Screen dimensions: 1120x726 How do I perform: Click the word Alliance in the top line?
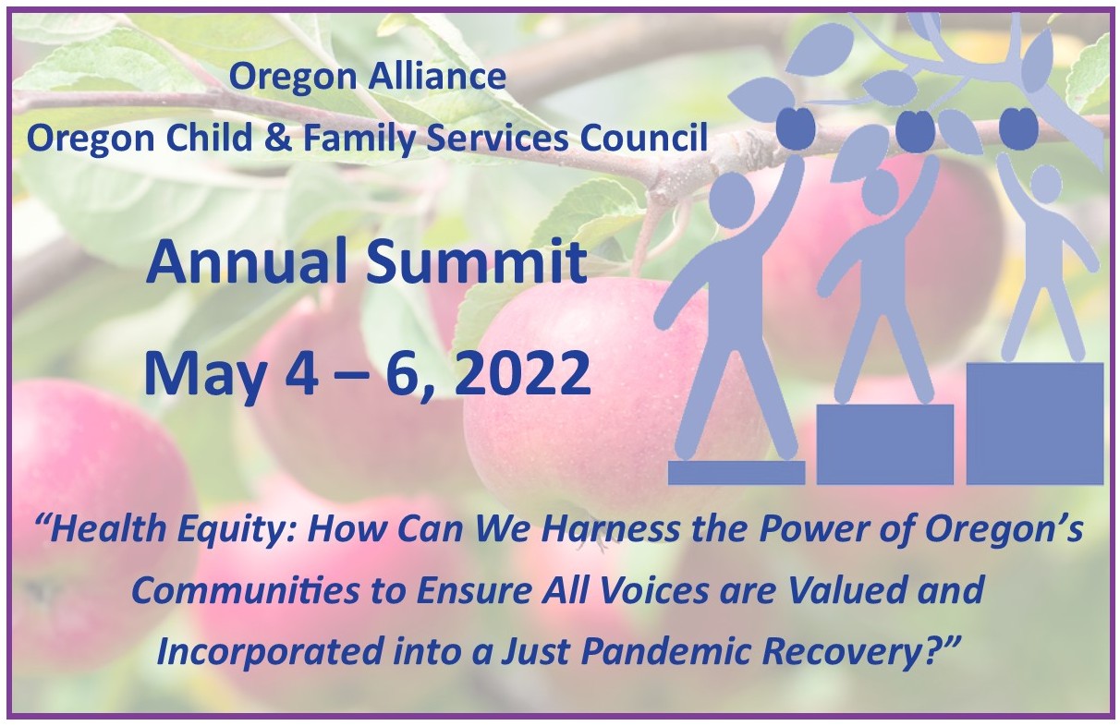pos(436,77)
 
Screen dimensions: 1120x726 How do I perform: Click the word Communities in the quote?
pos(245,590)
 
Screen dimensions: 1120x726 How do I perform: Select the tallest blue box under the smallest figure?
pos(1035,424)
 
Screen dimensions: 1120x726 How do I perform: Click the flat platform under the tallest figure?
pos(737,472)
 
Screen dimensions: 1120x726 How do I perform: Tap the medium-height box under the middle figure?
pos(885,444)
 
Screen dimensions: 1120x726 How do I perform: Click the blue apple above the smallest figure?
pos(1018,127)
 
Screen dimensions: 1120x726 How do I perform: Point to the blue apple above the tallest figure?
pos(796,129)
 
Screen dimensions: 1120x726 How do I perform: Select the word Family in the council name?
pos(359,139)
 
